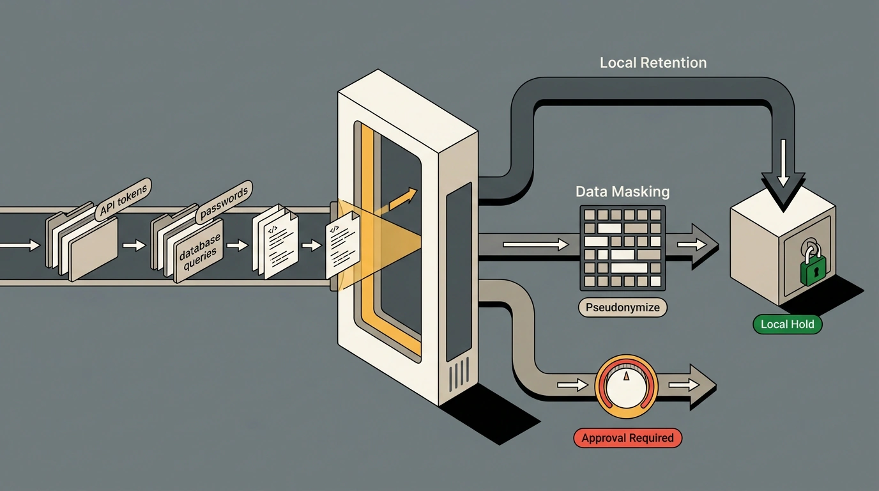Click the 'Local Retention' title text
[x=653, y=63]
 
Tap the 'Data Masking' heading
[x=622, y=192]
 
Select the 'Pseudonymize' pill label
[x=623, y=307]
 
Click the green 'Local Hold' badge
[x=787, y=324]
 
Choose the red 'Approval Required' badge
[x=627, y=437]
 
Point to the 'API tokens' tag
[x=123, y=200]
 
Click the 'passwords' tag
[x=224, y=203]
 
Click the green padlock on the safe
[x=813, y=263]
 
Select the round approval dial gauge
[x=626, y=386]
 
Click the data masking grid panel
[x=623, y=248]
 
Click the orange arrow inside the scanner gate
[x=402, y=199]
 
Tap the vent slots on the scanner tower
[x=458, y=375]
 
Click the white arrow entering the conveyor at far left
[x=20, y=245]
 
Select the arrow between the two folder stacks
[x=134, y=245]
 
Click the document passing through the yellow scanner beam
[x=342, y=245]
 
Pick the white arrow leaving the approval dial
[x=684, y=384]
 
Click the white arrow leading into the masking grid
[x=535, y=245]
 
